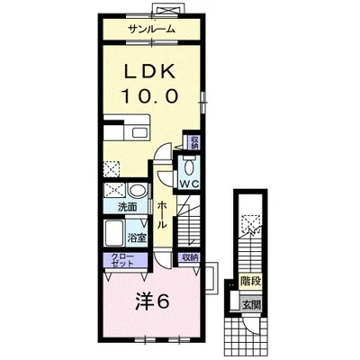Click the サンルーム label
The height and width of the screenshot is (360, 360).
(151, 29)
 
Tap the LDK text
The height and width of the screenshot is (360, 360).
(150, 72)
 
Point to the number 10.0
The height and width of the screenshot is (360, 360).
(150, 96)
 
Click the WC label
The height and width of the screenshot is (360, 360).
(189, 184)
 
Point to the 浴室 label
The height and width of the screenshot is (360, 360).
(137, 238)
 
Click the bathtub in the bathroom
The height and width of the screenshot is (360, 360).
(114, 233)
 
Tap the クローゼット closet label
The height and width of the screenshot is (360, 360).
(122, 260)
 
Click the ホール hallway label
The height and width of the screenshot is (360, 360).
(162, 215)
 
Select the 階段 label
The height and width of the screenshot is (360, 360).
(250, 282)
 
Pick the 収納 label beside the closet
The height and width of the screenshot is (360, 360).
(190, 258)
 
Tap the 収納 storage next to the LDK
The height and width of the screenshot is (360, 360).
(194, 142)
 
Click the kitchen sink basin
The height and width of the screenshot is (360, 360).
(139, 132)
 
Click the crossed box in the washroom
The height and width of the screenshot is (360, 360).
(114, 191)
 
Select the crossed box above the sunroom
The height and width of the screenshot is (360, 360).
(167, 8)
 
